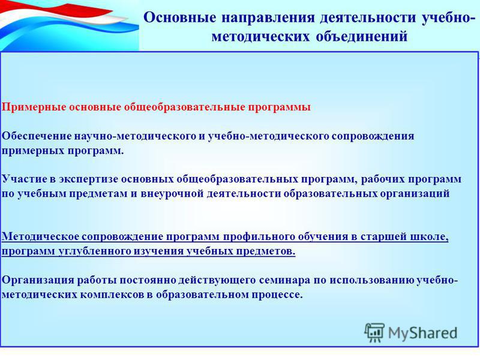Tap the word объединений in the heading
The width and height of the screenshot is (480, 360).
pyautogui.click(x=362, y=37)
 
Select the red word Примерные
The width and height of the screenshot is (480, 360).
pyautogui.click(x=34, y=108)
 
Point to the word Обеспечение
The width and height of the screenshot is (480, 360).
pyautogui.click(x=37, y=136)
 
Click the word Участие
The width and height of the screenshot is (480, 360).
pyautogui.click(x=23, y=179)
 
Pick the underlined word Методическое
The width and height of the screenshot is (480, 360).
pyautogui.click(x=40, y=236)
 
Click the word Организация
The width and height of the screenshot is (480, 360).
pyautogui.click(x=38, y=280)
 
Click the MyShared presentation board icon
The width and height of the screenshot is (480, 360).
pyautogui.click(x=374, y=332)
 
